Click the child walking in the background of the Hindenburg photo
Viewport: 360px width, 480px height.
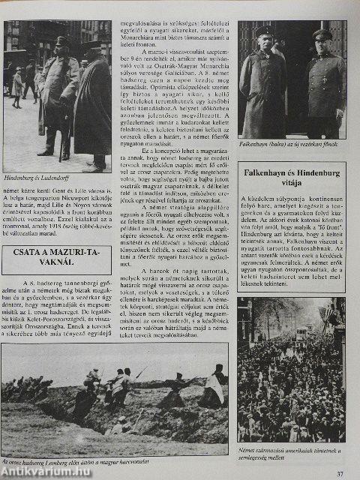point(17,83)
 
